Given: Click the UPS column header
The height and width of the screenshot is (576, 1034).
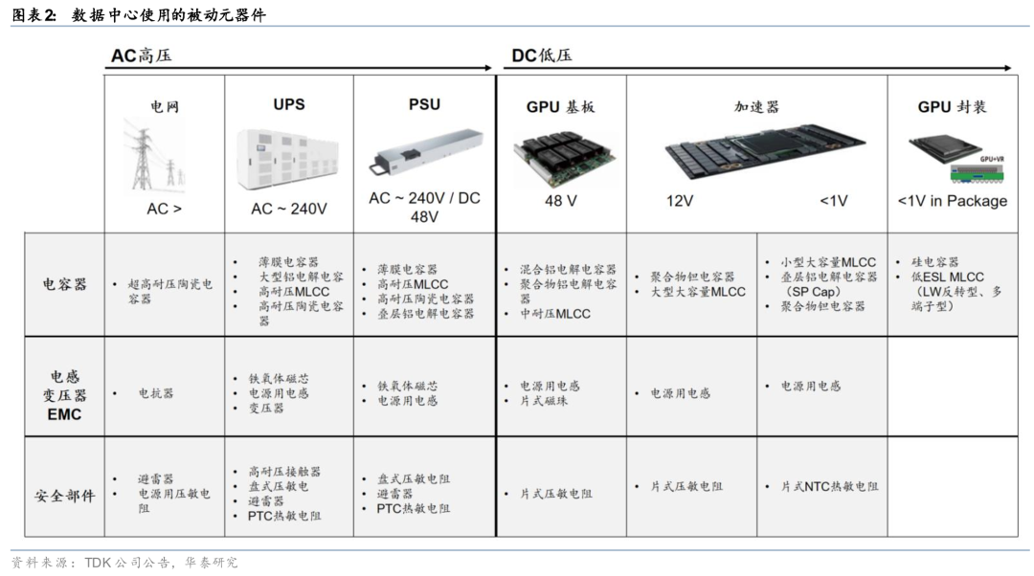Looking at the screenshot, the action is point(289,104).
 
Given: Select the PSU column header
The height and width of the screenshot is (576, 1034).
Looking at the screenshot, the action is point(424,104).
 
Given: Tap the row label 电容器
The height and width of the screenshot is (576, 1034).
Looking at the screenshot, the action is point(65,284).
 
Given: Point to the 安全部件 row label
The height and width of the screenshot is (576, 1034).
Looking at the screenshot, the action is point(65,495).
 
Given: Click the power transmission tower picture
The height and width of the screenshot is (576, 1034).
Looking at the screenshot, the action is point(155,156).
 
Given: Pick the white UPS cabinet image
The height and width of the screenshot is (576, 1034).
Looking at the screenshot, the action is point(287,160).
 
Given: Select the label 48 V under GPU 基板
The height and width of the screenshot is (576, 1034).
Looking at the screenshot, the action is point(560,201).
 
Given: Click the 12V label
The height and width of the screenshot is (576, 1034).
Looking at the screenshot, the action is point(679,201).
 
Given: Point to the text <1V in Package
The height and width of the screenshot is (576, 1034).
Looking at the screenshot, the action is point(953,201).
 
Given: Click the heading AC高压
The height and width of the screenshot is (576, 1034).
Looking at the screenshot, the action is point(141,55).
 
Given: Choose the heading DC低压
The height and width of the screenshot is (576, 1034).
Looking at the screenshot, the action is point(541,55).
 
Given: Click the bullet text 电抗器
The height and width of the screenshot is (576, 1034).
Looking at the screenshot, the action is point(156,393).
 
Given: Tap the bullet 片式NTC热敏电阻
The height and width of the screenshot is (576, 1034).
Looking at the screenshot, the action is point(829,486).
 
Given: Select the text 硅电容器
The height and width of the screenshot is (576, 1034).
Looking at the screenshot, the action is point(935,261).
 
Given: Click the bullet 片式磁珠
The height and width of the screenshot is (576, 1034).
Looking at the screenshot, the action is point(544,401).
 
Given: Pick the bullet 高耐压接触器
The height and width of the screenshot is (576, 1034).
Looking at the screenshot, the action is point(284,471).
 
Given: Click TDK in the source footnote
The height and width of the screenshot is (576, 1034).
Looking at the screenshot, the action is point(98,563).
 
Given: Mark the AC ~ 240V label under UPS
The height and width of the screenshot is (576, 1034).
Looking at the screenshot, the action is point(289,209).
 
